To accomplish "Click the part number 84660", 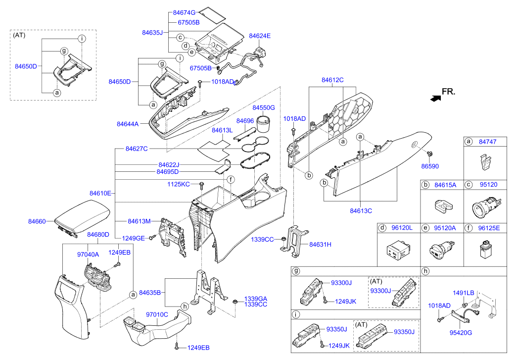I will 38,222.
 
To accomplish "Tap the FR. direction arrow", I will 435,98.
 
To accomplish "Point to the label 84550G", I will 263,107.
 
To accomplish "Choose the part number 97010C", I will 157,314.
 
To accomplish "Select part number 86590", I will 430,166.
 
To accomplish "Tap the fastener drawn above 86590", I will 429,153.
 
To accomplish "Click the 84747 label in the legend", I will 488,142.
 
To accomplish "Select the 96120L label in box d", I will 402,228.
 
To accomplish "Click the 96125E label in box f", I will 489,228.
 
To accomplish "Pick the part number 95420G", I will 461,332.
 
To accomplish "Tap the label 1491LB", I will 464,293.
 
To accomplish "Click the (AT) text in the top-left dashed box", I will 19,35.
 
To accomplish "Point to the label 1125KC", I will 178,184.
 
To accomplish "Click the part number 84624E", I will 260,36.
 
